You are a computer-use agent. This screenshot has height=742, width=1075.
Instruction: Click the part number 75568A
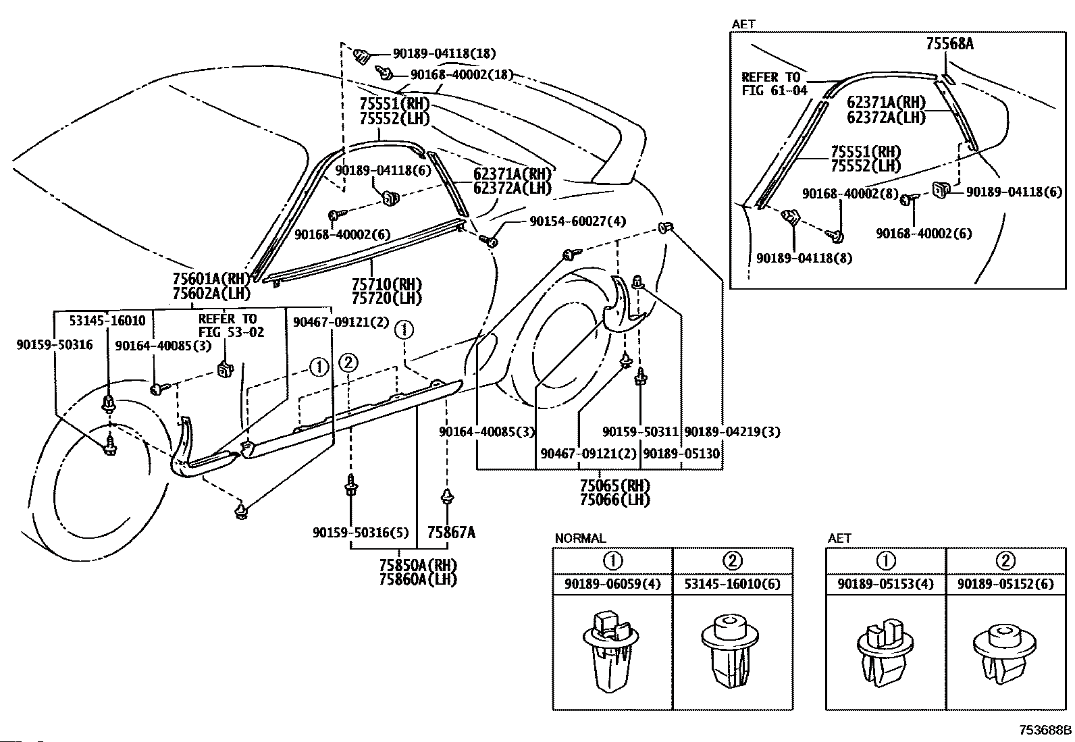pyautogui.click(x=949, y=44)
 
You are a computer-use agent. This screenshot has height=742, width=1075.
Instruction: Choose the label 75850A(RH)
pyautogui.click(x=418, y=565)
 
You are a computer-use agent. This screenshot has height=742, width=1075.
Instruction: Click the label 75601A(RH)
pyautogui.click(x=211, y=279)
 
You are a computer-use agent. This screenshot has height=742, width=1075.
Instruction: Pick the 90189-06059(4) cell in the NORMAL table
pyautogui.click(x=612, y=584)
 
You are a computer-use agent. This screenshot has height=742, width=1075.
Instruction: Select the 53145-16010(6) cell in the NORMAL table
pyautogui.click(x=733, y=584)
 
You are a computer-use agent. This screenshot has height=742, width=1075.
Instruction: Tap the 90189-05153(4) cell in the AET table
pyautogui.click(x=886, y=584)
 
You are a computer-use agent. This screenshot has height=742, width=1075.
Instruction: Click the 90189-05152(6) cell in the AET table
pyautogui.click(x=1005, y=584)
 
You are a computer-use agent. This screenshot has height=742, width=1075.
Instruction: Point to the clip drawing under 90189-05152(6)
pyautogui.click(x=1005, y=652)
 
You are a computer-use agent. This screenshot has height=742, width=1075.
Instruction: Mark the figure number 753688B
pyautogui.click(x=1045, y=730)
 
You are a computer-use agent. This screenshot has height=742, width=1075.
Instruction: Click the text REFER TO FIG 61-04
pyautogui.click(x=774, y=84)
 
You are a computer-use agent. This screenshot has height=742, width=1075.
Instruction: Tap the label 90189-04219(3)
pyautogui.click(x=732, y=432)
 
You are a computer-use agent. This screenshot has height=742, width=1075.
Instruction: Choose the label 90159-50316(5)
pyautogui.click(x=361, y=533)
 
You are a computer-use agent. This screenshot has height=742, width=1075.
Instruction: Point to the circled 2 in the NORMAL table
pyautogui.click(x=733, y=560)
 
